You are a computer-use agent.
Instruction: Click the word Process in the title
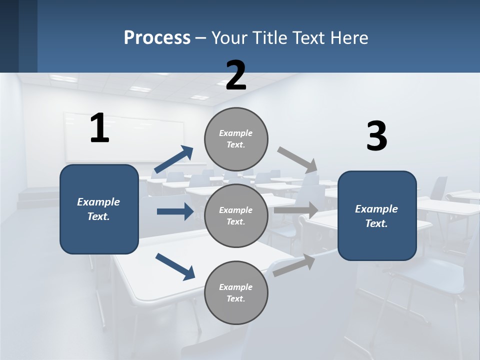[x=157, y=38]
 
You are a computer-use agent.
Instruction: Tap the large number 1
[x=99, y=128]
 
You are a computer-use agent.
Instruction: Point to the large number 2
[x=236, y=75]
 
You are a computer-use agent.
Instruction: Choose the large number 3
[x=376, y=136]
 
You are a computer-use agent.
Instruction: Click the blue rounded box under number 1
[x=99, y=209]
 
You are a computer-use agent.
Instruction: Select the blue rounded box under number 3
[x=377, y=215]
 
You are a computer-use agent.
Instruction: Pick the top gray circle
[x=236, y=139]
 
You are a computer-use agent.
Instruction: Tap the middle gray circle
[x=236, y=215]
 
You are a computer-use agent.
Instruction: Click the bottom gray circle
[x=236, y=292]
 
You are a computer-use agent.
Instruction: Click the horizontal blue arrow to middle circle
[x=175, y=211]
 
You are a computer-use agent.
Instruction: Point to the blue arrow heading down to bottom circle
[x=175, y=266]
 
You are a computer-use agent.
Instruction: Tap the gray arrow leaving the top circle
[x=297, y=158]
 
